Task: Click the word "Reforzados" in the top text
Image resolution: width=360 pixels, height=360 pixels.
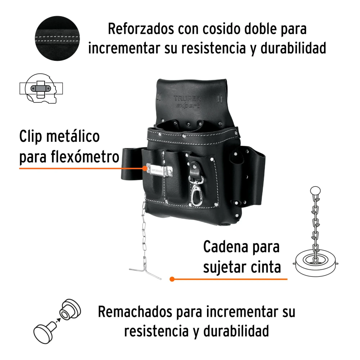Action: point(141,29)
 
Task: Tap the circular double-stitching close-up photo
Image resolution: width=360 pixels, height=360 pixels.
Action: point(57,39)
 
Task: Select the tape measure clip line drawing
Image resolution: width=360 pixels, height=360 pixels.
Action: point(41,89)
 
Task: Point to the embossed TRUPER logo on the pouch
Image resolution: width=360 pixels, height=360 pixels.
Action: point(187,99)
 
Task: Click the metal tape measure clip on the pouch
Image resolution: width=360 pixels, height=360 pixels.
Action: point(159,170)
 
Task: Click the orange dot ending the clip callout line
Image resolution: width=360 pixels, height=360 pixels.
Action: point(145,168)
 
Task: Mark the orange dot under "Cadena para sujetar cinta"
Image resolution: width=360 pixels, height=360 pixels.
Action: point(172,279)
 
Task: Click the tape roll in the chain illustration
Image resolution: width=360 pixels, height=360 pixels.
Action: point(316,263)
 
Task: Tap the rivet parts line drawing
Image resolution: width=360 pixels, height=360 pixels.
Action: point(57,321)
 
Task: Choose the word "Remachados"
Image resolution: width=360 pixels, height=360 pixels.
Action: point(135,312)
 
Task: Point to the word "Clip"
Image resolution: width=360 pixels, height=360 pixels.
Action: point(31,136)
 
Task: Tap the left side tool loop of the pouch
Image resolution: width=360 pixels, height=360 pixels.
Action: point(131,164)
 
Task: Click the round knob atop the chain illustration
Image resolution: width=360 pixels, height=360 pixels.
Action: point(315,191)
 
